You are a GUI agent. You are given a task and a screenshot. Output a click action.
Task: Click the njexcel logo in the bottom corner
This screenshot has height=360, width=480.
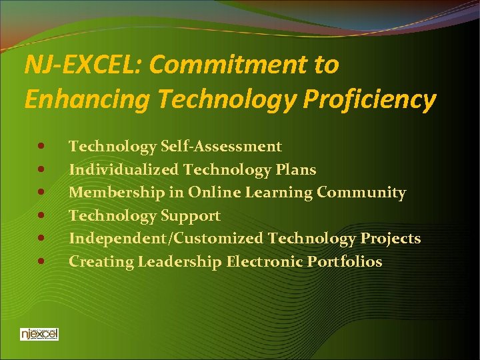[39, 333]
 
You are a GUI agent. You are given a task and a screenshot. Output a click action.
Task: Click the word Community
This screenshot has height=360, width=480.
[361, 193]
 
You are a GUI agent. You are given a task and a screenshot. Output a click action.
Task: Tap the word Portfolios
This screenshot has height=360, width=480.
[345, 262]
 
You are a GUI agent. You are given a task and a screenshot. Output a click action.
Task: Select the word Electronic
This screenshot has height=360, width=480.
[265, 262]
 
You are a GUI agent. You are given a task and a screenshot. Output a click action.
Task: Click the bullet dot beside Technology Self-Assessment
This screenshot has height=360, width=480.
[42, 146]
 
